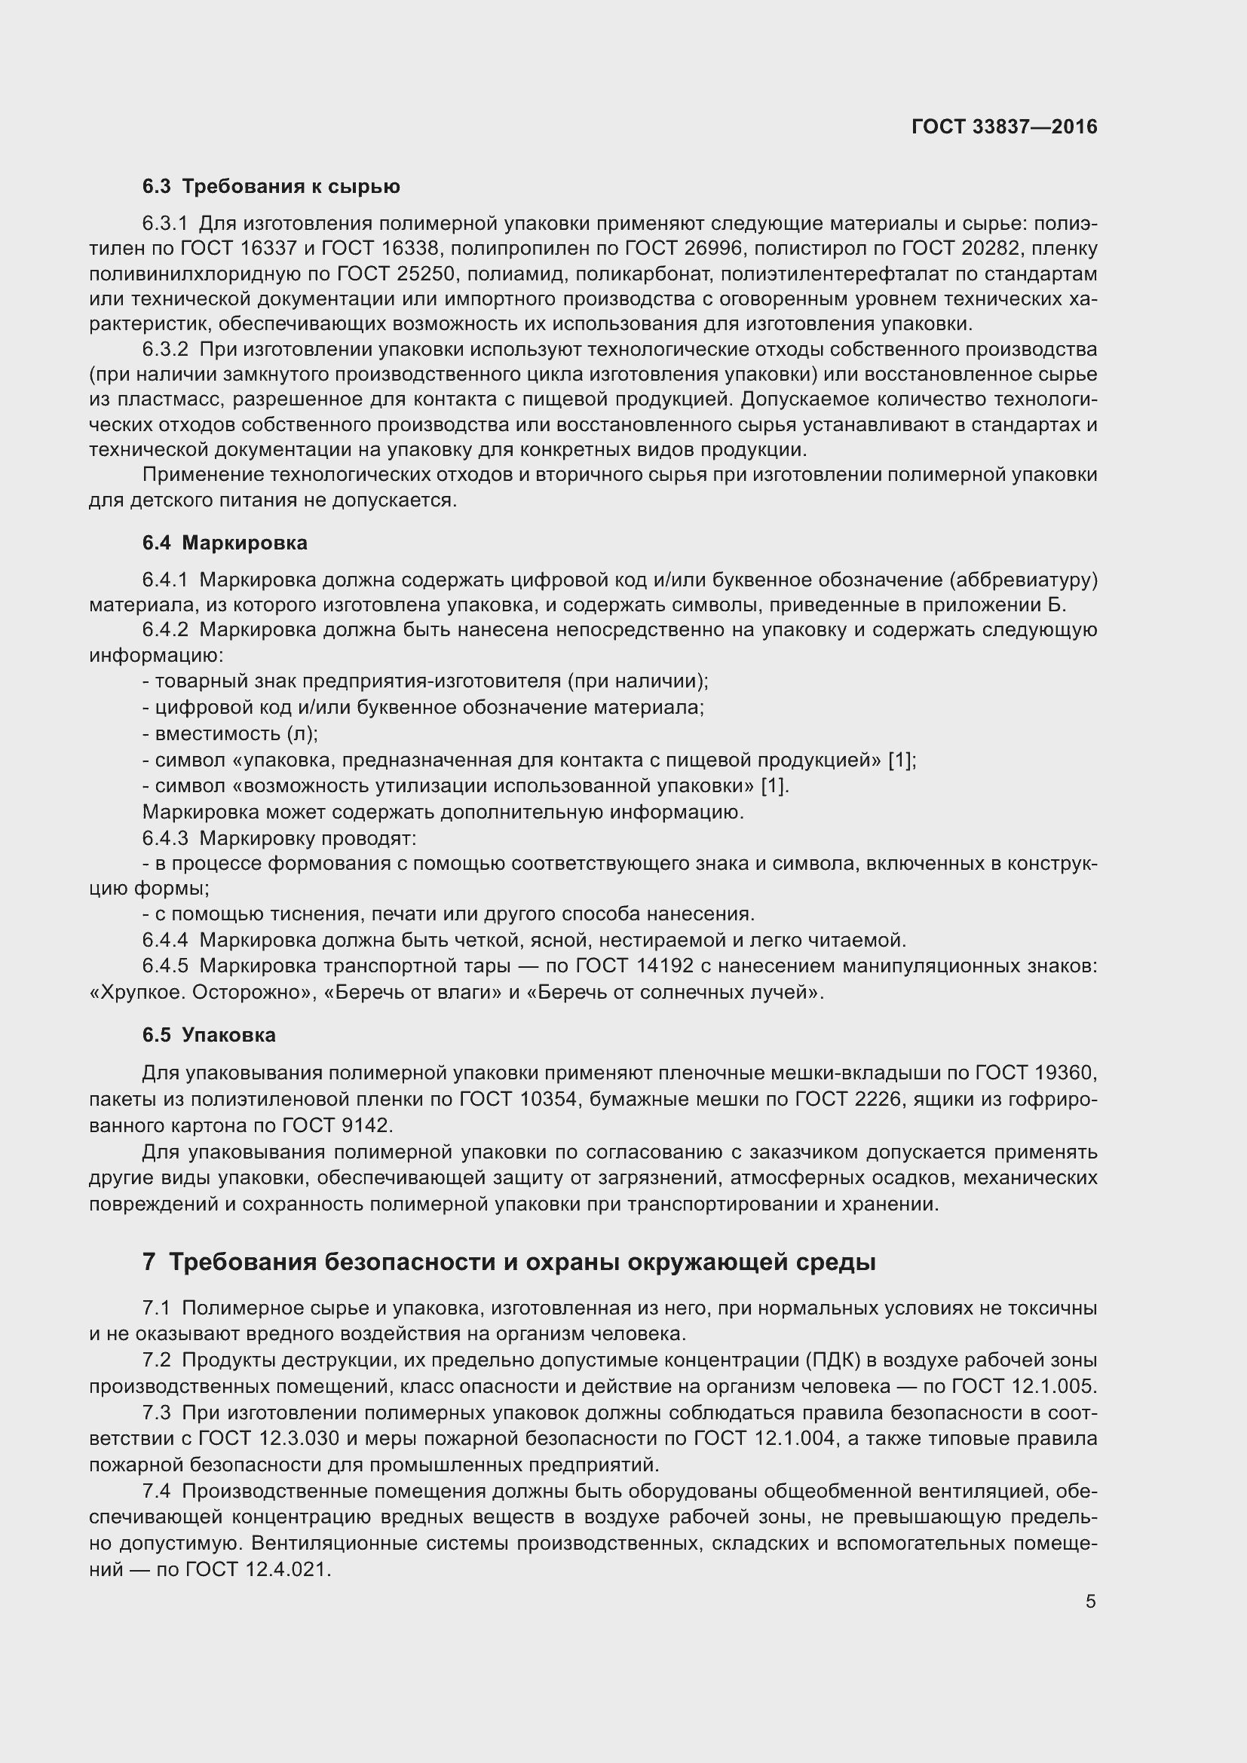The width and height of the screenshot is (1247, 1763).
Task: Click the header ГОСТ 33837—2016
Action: point(1003,127)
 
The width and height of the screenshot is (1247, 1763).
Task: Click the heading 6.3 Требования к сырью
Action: point(271,187)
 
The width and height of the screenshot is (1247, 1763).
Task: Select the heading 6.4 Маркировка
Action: point(224,543)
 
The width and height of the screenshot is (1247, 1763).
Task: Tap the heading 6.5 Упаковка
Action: point(209,1034)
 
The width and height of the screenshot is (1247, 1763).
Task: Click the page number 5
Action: point(1090,1601)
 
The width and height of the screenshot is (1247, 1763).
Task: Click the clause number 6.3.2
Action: point(165,350)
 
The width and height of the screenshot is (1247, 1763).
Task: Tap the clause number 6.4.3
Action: point(165,837)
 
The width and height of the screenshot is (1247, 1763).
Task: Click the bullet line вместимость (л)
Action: point(231,733)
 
